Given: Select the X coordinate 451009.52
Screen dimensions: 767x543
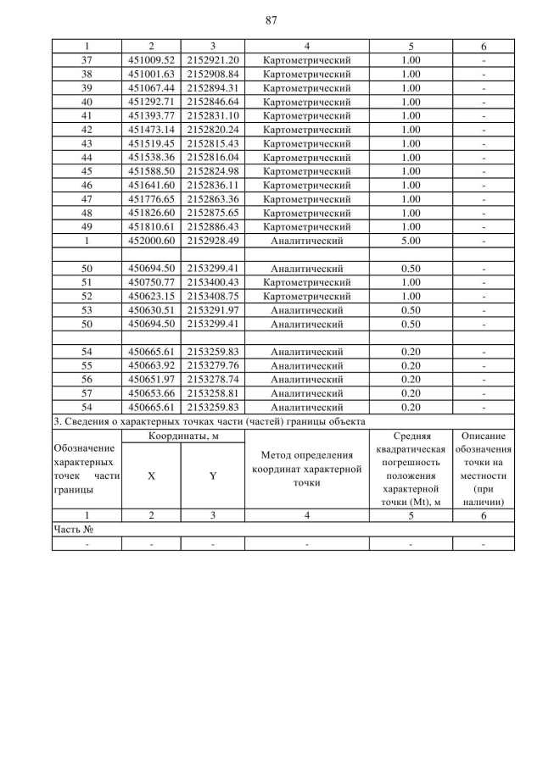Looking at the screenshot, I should tap(150, 61).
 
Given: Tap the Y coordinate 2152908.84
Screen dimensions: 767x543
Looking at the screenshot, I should tap(212, 74).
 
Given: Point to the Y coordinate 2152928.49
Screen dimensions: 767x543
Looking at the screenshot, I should tap(212, 241).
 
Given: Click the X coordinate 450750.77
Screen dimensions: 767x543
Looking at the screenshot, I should tap(150, 282).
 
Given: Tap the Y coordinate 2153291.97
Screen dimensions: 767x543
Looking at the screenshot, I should tap(212, 310).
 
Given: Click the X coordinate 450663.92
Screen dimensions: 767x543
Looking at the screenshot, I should tap(150, 365).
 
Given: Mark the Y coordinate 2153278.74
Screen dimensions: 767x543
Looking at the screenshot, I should tap(212, 379).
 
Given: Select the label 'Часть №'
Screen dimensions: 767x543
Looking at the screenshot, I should tap(72, 529).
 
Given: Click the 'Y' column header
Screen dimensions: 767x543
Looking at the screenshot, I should tap(212, 475).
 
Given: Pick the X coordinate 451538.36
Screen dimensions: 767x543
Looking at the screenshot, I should tap(150, 158).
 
